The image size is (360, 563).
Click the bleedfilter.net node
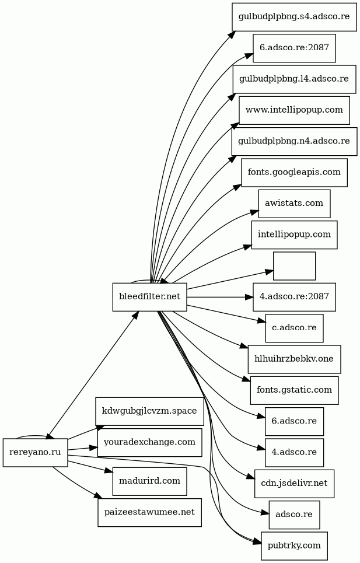tap(149, 297)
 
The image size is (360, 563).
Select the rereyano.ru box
tap(35, 452)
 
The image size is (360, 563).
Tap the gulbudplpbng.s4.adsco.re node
tap(294, 16)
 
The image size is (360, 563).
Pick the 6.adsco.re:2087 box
tap(294, 48)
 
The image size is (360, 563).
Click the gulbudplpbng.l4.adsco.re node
tap(294, 79)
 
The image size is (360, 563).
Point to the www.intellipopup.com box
tap(294, 110)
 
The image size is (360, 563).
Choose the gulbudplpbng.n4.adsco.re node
tap(294, 141)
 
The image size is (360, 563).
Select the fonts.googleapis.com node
tap(294, 173)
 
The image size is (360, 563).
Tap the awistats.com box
tap(294, 204)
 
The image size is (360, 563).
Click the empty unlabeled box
tap(294, 266)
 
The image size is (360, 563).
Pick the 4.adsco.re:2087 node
tap(294, 297)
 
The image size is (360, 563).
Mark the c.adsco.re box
tap(294, 328)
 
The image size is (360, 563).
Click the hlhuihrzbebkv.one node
tap(294, 359)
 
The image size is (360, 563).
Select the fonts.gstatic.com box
tap(294, 390)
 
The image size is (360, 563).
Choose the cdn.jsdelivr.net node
tap(294, 483)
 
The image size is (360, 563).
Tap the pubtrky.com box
tap(294, 545)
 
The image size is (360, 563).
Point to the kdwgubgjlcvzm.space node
tap(149, 411)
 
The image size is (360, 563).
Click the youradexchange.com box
tap(149, 442)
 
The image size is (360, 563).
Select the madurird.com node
tap(149, 481)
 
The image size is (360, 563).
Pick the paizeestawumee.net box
tap(149, 512)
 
